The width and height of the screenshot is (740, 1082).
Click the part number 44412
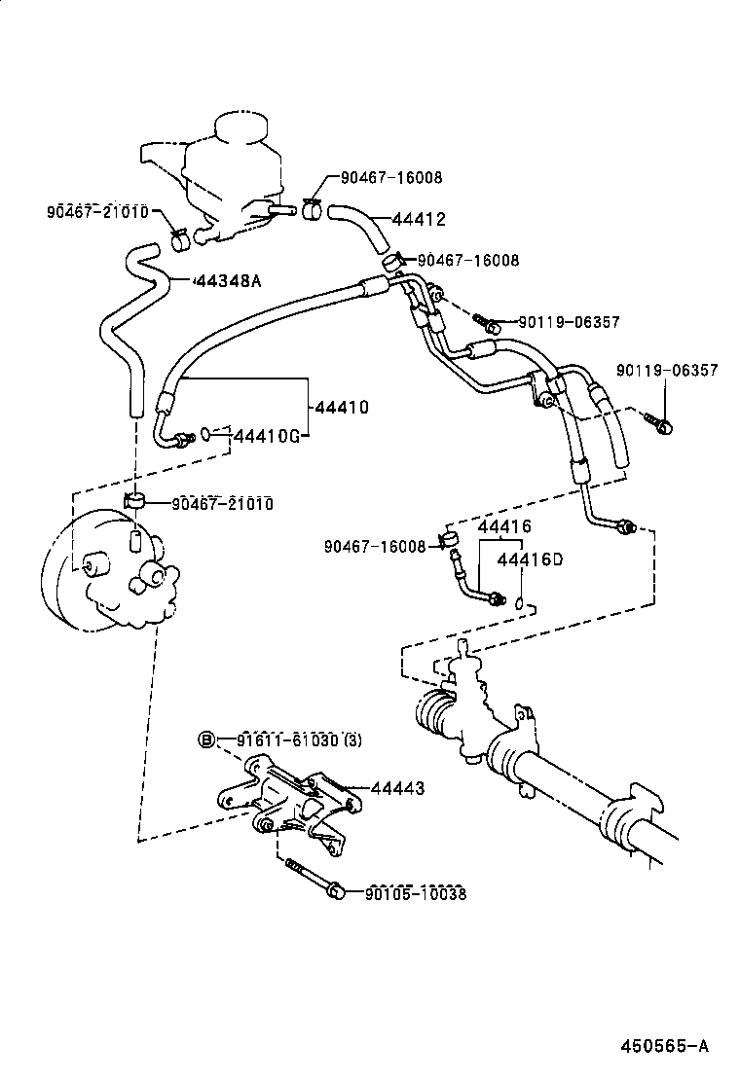click(419, 220)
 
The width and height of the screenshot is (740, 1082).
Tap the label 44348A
click(229, 281)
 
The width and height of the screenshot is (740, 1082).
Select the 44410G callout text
click(265, 434)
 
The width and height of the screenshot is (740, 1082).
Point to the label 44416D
click(530, 559)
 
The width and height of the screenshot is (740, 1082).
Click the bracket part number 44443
click(396, 789)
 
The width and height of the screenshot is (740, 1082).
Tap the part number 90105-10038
click(416, 893)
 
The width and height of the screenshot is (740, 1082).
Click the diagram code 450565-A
click(666, 1046)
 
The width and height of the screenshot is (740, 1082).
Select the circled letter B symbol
click(206, 739)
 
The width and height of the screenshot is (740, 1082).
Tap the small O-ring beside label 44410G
click(206, 434)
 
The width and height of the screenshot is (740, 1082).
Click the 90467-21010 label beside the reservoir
click(96, 212)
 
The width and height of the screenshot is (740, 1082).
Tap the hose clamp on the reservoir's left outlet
click(179, 236)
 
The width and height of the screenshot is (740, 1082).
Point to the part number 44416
click(503, 526)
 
